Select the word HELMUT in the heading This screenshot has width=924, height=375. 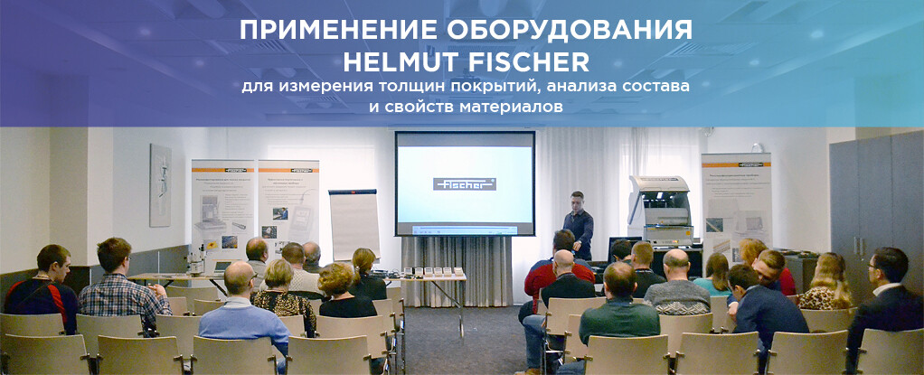coord(398,62)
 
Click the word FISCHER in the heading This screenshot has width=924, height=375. coord(527,62)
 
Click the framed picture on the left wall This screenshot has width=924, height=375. coord(160,185)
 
